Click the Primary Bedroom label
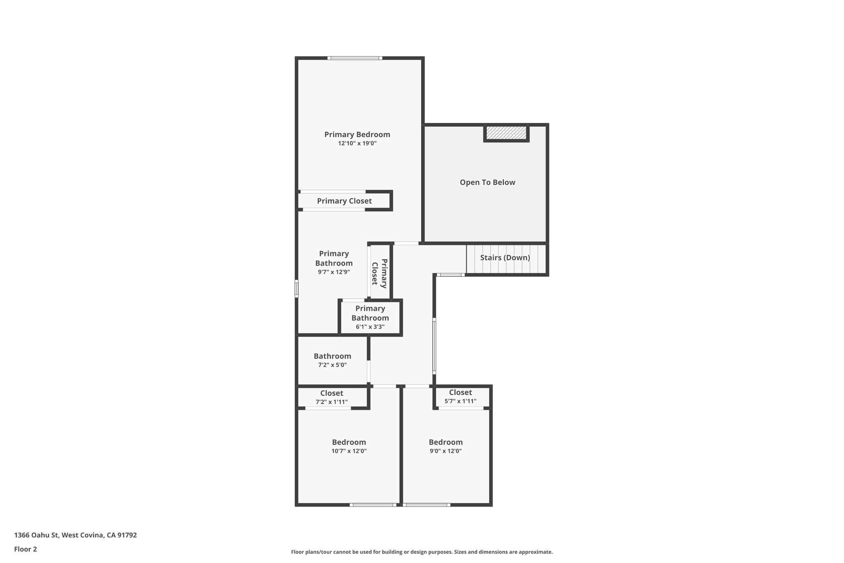pyautogui.click(x=357, y=134)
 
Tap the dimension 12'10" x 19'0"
pyautogui.click(x=357, y=144)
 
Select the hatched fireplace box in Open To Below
pyautogui.click(x=506, y=133)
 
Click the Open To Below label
pyautogui.click(x=488, y=182)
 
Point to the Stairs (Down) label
pyautogui.click(x=505, y=258)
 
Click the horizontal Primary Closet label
pyautogui.click(x=344, y=201)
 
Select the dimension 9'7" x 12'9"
pyautogui.click(x=334, y=272)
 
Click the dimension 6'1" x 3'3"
pyautogui.click(x=370, y=327)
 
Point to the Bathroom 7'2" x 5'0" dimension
pyautogui.click(x=332, y=365)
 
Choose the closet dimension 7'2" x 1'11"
pyautogui.click(x=332, y=402)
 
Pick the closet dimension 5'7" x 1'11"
pyautogui.click(x=460, y=401)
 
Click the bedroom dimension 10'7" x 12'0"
pyautogui.click(x=349, y=451)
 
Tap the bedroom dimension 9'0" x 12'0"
pyautogui.click(x=445, y=451)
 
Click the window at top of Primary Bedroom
pyautogui.click(x=355, y=58)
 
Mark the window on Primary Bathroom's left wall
pyautogui.click(x=296, y=289)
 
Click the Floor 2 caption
pyautogui.click(x=26, y=549)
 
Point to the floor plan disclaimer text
pyautogui.click(x=422, y=552)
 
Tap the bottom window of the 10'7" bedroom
pyautogui.click(x=373, y=505)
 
